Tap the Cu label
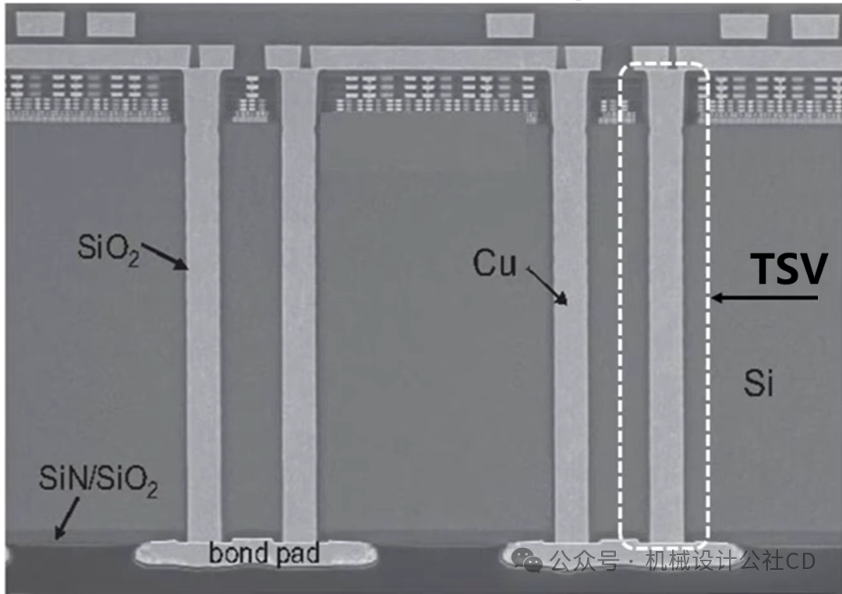(x=494, y=263)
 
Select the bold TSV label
(x=788, y=268)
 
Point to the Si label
(x=759, y=383)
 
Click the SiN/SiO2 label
(x=98, y=480)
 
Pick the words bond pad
(x=264, y=553)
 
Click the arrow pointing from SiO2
(x=165, y=256)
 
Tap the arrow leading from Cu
(x=547, y=286)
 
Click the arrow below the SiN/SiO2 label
(x=67, y=518)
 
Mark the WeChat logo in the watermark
(x=527, y=560)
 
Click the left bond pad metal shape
(x=256, y=554)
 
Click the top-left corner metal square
(x=41, y=24)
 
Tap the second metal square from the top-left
(x=111, y=24)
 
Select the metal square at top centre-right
(x=510, y=25)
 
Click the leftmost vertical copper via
(x=203, y=304)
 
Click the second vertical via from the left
(x=299, y=304)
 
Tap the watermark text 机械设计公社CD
(x=731, y=561)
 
